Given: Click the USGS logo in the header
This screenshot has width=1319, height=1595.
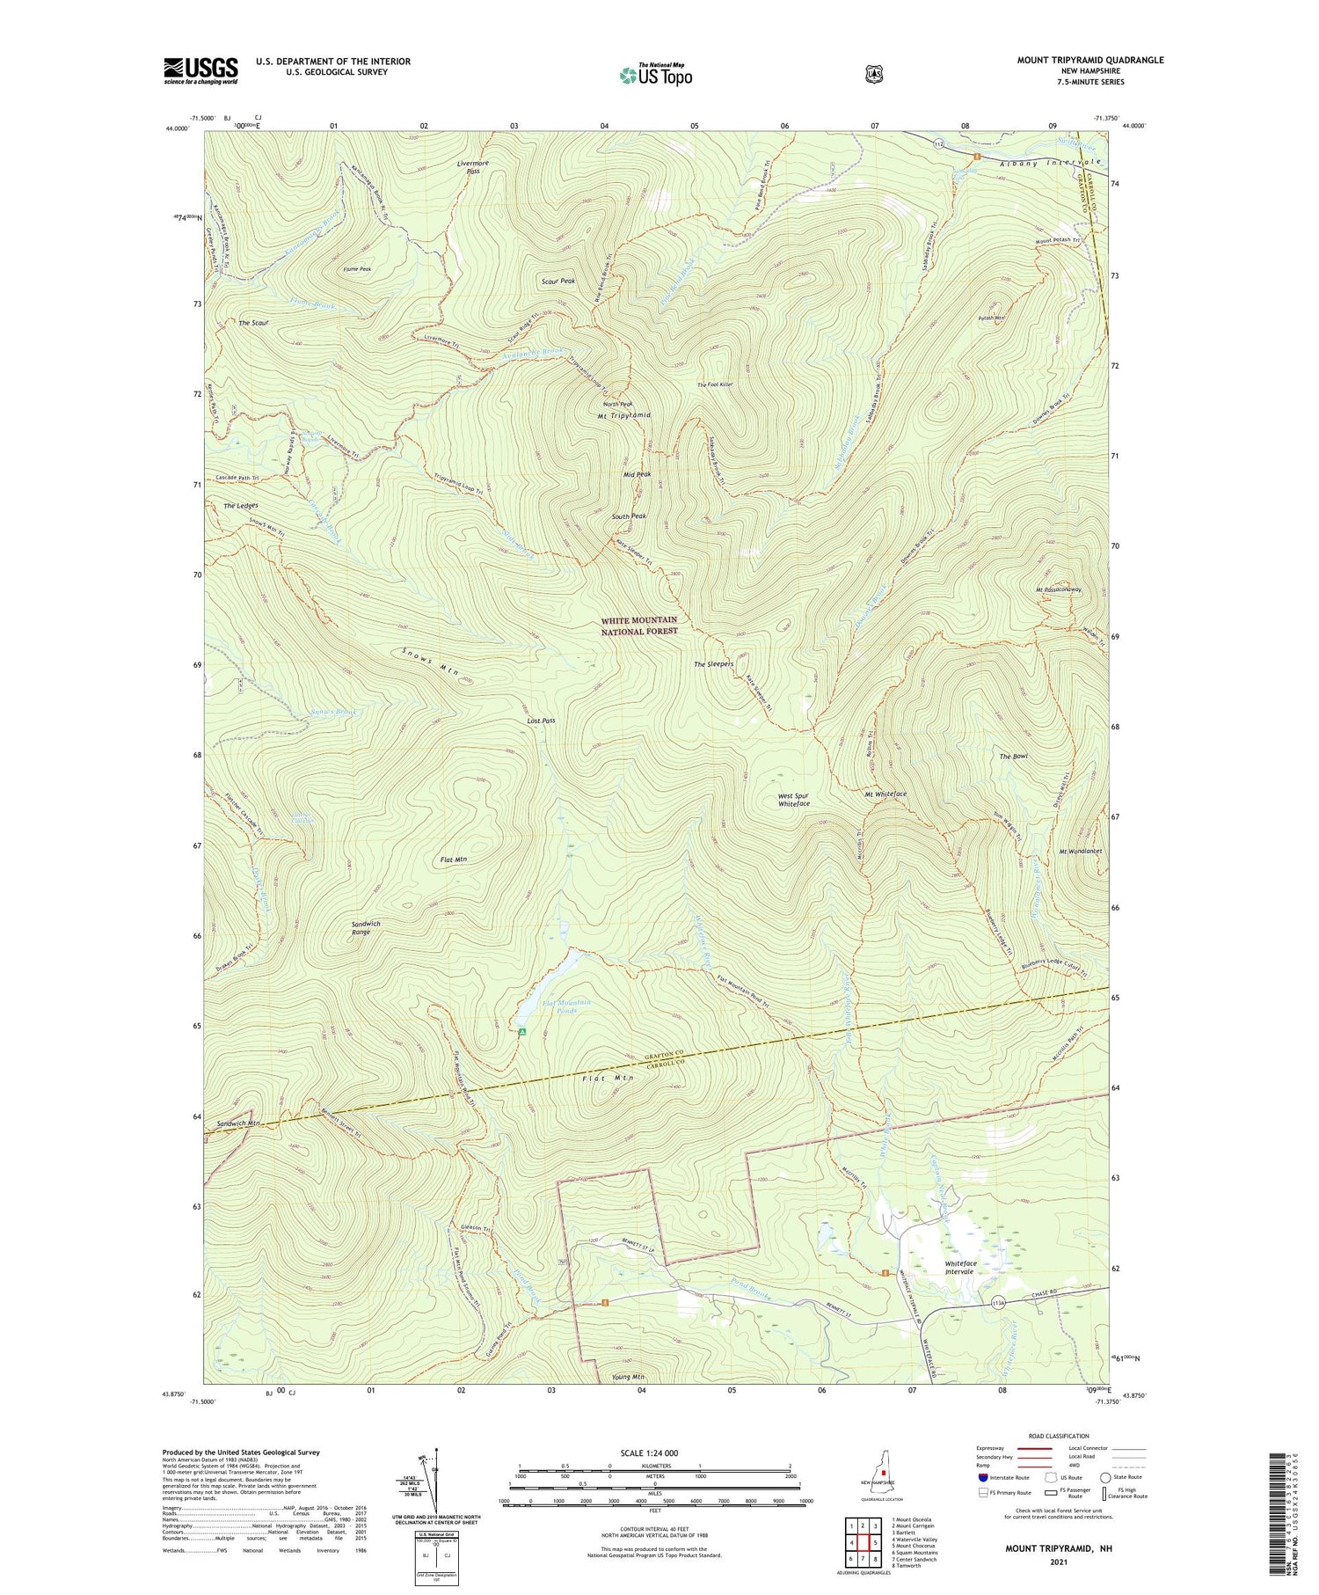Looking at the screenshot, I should coord(200,70).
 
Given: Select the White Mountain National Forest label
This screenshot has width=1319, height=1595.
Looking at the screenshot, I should coord(639,626).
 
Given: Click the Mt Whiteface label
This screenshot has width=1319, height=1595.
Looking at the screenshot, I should coord(885,794).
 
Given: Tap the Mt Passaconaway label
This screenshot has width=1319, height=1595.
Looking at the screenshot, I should coord(1058,589).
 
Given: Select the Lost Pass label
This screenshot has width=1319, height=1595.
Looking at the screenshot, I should coord(541,721).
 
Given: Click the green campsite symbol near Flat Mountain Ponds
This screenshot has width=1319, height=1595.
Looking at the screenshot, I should coord(522,1031).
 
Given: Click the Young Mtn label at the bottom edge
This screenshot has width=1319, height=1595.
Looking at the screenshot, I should coord(626,1377).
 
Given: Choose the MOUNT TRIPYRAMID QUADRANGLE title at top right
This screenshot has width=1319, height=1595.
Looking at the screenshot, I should coord(1089,60).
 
